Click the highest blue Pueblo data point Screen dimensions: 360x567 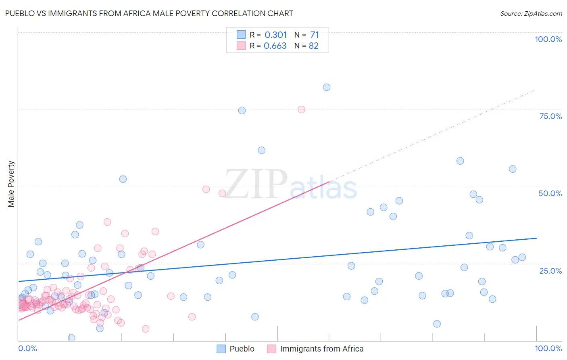coord(327,87)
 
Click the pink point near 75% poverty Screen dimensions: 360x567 coord(301,109)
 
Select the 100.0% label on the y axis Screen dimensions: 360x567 coord(548,39)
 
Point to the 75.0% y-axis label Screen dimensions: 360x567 coord(550,116)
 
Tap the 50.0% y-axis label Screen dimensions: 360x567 coord(550,193)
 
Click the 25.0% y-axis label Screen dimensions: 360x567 coord(550,271)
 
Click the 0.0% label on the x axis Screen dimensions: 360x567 coord(27,348)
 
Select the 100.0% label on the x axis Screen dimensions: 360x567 coord(548,348)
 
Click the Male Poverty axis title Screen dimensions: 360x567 coord(11,184)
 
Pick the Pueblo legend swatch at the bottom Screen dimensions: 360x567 coord(221,349)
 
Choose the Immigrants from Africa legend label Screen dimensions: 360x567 coord(321,349)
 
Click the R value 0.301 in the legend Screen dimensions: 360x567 coord(275,35)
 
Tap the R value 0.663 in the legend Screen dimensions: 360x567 coord(275,46)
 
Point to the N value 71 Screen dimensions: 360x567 coord(315,35)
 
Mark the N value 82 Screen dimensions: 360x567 coord(314,46)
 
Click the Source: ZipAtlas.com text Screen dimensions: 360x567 coord(531,13)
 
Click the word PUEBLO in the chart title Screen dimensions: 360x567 coord(19,13)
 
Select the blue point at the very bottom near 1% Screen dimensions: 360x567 coord(72,338)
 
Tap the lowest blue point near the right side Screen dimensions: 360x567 coord(437,324)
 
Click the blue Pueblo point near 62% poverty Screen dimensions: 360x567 coord(261,150)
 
